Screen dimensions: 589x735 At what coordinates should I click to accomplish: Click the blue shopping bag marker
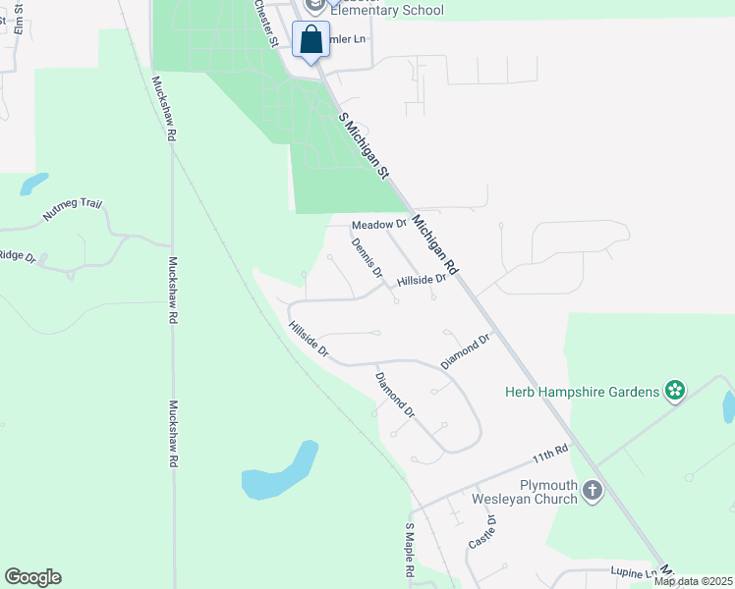click(311, 41)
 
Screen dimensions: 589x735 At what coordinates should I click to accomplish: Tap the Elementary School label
click(386, 11)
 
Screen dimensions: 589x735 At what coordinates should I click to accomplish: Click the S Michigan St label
click(364, 145)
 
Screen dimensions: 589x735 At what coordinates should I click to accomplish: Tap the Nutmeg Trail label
click(73, 209)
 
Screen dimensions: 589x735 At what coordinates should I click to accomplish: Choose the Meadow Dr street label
click(378, 225)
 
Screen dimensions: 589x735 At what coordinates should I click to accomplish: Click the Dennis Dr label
click(367, 258)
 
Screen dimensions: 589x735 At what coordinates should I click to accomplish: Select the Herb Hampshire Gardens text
click(582, 392)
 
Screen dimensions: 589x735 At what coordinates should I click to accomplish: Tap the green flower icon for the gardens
click(675, 392)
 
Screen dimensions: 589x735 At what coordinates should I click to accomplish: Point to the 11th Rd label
click(551, 455)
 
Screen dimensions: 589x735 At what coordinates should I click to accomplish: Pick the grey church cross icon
click(593, 490)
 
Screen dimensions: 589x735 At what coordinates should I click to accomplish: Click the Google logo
click(32, 577)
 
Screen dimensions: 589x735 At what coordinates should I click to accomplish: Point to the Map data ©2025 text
click(693, 581)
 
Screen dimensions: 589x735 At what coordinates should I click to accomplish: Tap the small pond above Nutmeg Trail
click(33, 184)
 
